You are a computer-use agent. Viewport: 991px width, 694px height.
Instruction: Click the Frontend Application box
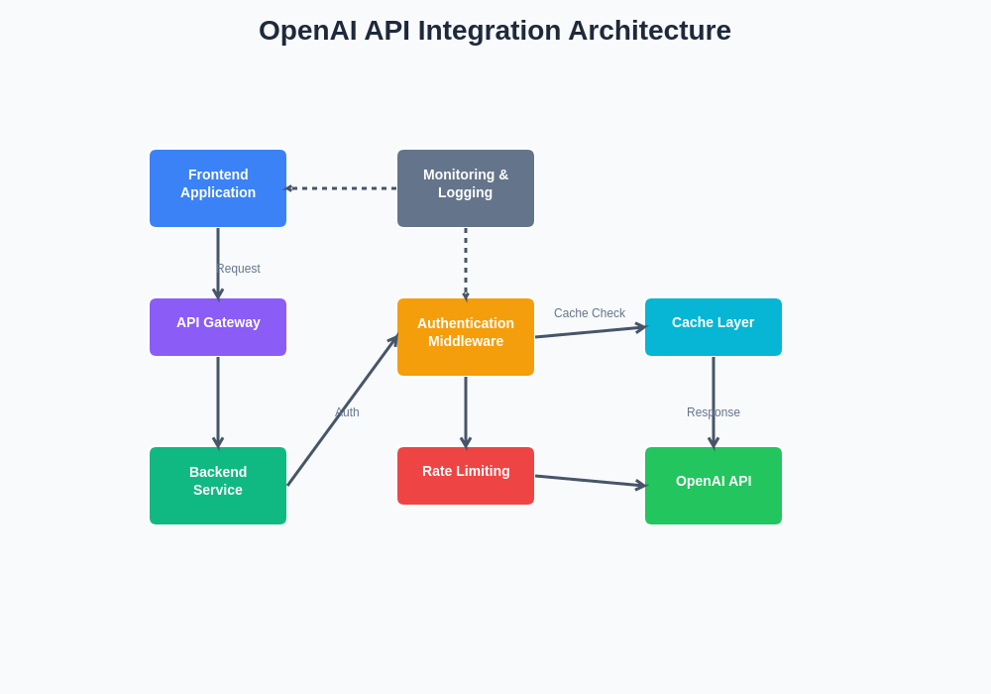tap(218, 188)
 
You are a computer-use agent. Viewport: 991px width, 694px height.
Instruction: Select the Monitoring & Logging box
tap(466, 188)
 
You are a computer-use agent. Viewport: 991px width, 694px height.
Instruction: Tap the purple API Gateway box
tap(218, 327)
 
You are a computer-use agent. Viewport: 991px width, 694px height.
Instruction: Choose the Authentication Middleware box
tap(466, 337)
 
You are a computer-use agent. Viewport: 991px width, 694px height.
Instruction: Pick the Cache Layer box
tap(714, 327)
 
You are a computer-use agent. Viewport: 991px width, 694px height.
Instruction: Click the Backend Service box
tap(218, 486)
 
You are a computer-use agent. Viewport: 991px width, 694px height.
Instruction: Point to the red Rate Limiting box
tap(466, 476)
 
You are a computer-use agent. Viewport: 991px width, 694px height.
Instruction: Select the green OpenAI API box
tap(714, 486)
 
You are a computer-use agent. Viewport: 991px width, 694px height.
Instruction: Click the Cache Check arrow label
tap(590, 313)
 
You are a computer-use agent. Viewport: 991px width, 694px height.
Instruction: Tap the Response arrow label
tap(714, 412)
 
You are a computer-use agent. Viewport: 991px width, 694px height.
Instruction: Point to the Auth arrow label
tap(347, 412)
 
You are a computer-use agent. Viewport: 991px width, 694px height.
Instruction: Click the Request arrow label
tap(239, 269)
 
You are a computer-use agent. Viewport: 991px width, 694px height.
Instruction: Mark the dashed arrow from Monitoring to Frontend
tap(342, 188)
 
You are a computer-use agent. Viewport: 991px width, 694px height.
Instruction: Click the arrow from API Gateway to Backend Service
tap(218, 402)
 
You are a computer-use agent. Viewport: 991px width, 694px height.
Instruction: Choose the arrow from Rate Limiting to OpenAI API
tap(590, 481)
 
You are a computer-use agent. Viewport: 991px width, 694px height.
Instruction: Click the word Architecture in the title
tap(649, 31)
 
